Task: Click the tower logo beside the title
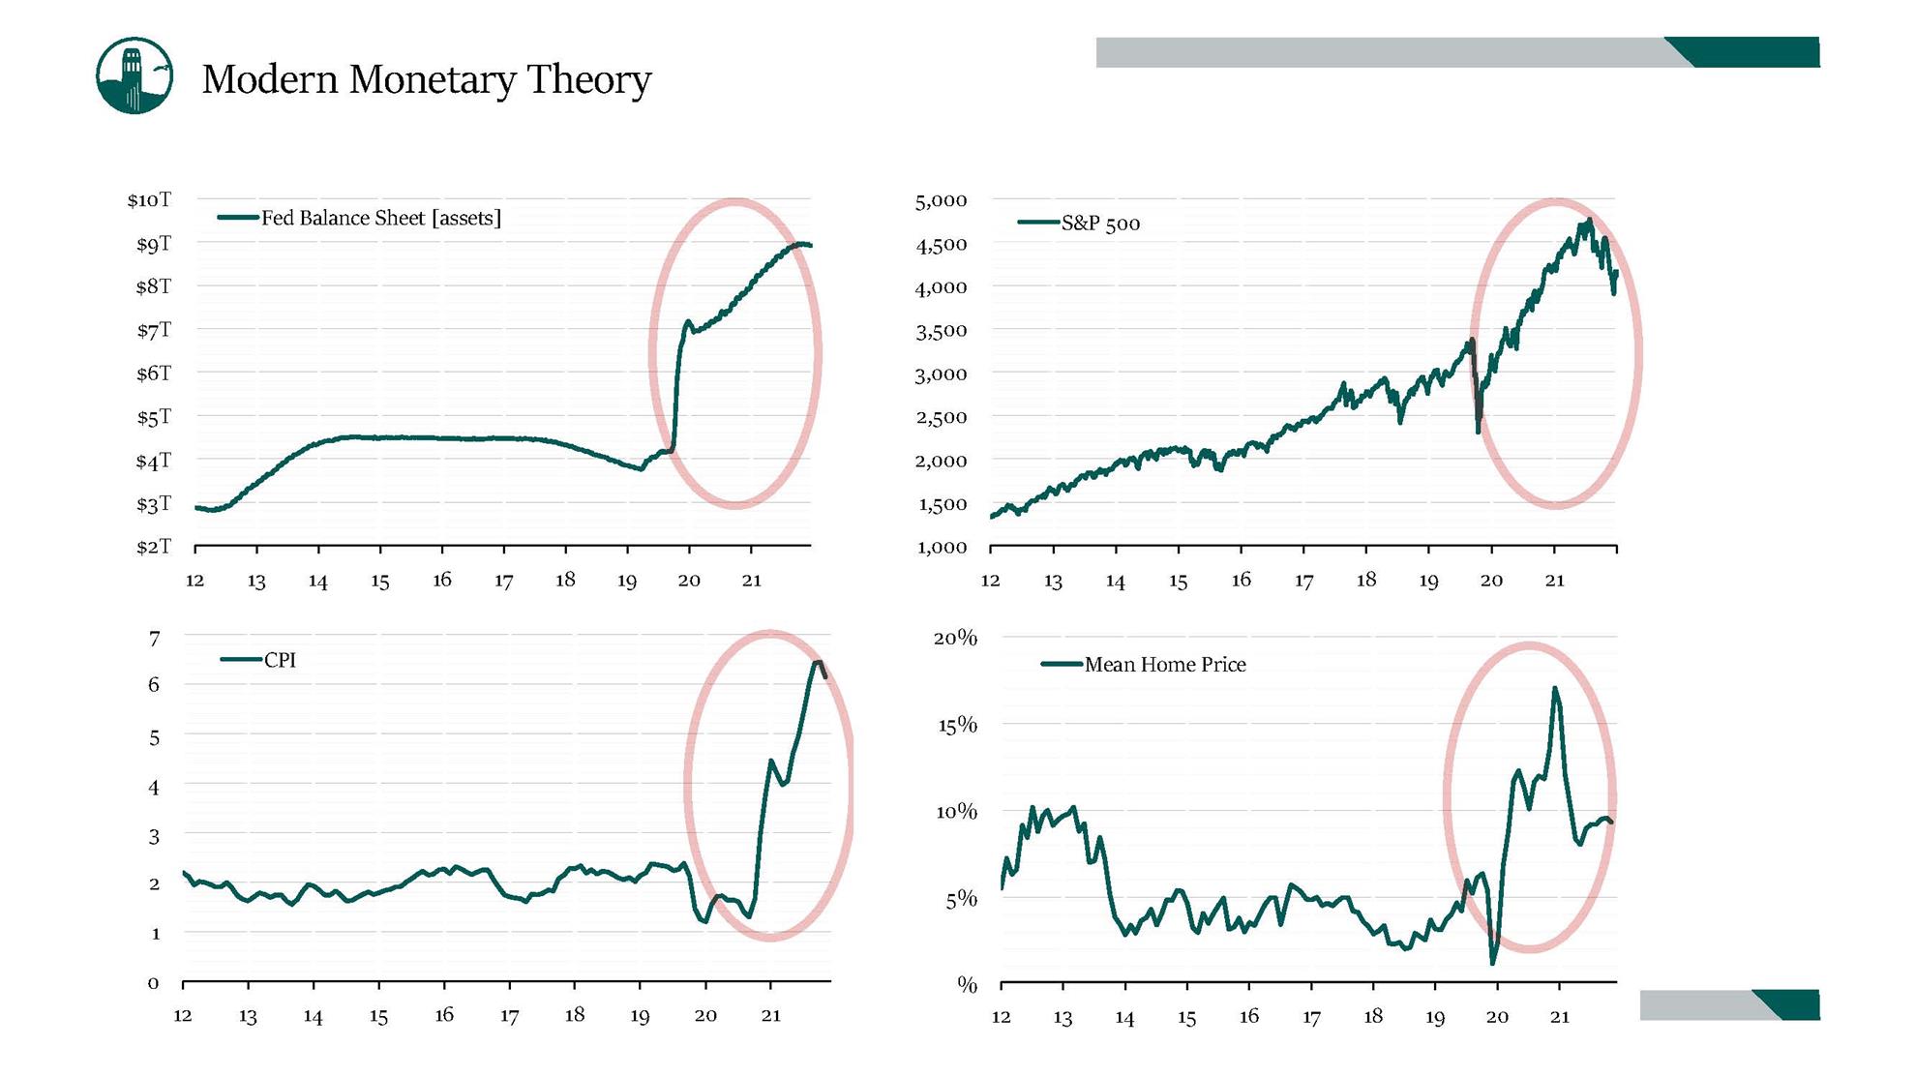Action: (135, 75)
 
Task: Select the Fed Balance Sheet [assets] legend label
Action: (381, 218)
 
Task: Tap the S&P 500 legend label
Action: (1100, 224)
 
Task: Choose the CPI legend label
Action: (280, 660)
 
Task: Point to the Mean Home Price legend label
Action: (1165, 665)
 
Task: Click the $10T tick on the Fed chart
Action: (149, 199)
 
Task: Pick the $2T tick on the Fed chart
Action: (153, 547)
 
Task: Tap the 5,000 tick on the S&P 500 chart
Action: (941, 200)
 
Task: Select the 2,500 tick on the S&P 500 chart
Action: (941, 417)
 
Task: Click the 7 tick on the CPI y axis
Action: (154, 638)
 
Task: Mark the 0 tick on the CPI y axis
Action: (153, 983)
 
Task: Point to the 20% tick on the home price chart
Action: (955, 638)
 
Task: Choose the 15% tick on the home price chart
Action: (957, 725)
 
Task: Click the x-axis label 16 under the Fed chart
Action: (442, 580)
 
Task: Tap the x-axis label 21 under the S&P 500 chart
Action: (1554, 581)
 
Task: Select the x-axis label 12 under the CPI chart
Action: (183, 1015)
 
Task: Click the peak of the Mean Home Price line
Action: (1554, 688)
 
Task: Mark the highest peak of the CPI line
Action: (818, 662)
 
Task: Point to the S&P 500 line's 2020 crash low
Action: (1478, 431)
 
